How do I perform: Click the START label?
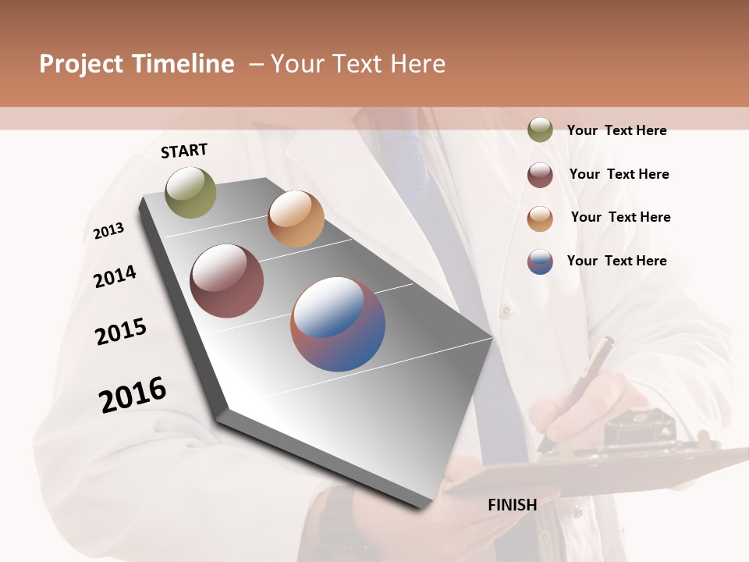pos(184,151)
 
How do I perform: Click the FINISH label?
pos(512,505)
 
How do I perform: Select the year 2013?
pos(108,231)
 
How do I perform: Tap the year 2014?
pos(115,277)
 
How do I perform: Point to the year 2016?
pos(133,395)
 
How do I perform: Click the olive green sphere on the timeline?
pos(190,192)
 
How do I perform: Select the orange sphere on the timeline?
pos(296,219)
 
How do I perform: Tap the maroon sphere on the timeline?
pos(226,281)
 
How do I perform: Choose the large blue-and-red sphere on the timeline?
pos(338,324)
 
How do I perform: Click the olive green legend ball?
pos(540,130)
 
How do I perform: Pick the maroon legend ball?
pos(540,175)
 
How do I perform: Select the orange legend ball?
pos(540,219)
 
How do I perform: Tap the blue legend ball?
pos(540,261)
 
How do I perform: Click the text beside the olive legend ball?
pos(616,130)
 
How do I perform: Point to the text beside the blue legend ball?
pos(616,261)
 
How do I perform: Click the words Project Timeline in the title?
pos(137,64)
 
